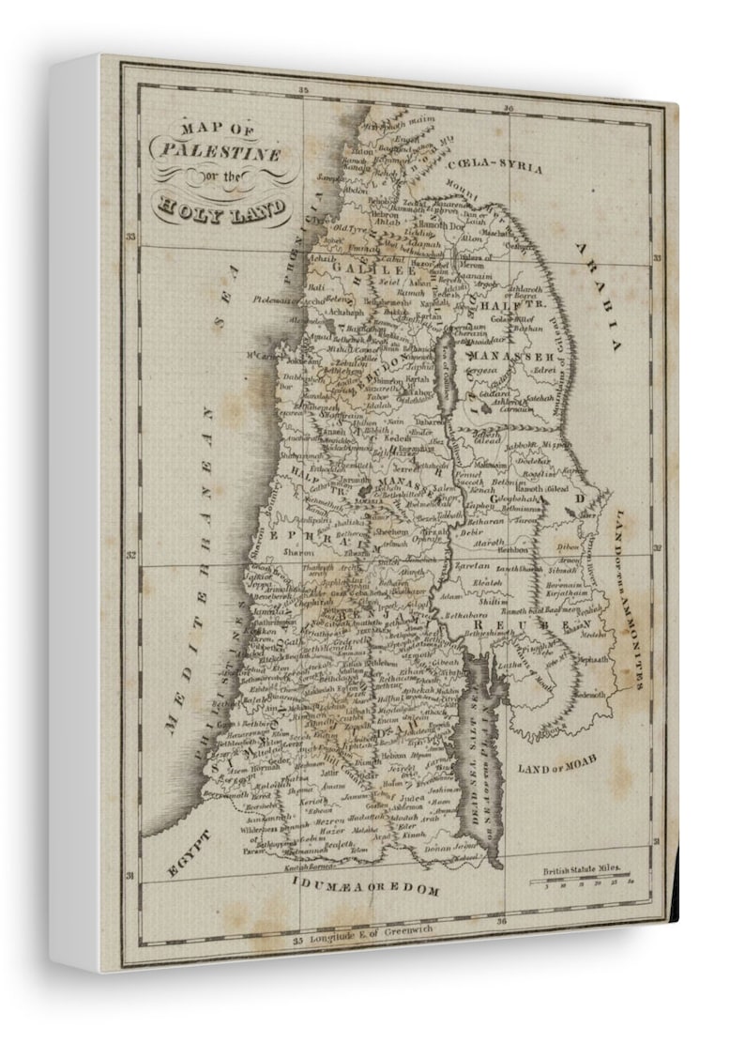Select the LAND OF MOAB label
coord(557,763)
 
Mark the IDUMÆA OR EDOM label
coord(365,886)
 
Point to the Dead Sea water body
coord(489,751)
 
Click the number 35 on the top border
coord(303,90)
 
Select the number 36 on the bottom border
coord(503,922)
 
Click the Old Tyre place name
coord(352,228)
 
